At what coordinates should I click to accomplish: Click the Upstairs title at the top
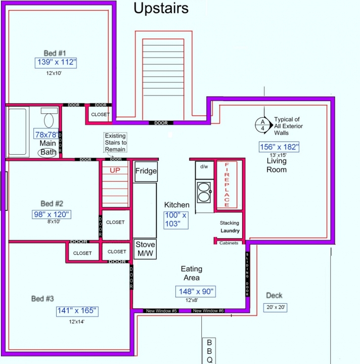(x=161, y=9)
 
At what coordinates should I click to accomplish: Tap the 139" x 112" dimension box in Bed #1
(x=56, y=63)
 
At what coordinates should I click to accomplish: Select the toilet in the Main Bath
(x=49, y=117)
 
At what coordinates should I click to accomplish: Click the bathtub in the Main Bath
(x=17, y=131)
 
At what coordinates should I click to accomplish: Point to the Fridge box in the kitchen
(x=146, y=171)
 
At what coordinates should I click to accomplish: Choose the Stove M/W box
(x=145, y=249)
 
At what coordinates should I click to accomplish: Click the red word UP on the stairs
(x=115, y=170)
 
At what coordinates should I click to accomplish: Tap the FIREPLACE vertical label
(x=227, y=185)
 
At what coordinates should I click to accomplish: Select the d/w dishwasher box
(x=204, y=170)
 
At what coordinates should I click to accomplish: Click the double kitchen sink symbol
(x=204, y=192)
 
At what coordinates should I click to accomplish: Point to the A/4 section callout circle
(x=262, y=125)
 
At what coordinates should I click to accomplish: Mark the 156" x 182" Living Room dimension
(x=279, y=147)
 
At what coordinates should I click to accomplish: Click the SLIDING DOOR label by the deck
(x=247, y=274)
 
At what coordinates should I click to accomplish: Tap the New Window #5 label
(x=161, y=311)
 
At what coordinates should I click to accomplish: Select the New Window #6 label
(x=208, y=311)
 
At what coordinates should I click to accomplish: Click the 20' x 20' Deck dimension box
(x=275, y=307)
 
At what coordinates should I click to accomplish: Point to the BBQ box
(x=209, y=351)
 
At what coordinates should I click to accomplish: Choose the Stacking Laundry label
(x=230, y=227)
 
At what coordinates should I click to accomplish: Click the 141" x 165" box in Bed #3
(x=77, y=311)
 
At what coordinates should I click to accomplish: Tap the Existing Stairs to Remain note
(x=115, y=143)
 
